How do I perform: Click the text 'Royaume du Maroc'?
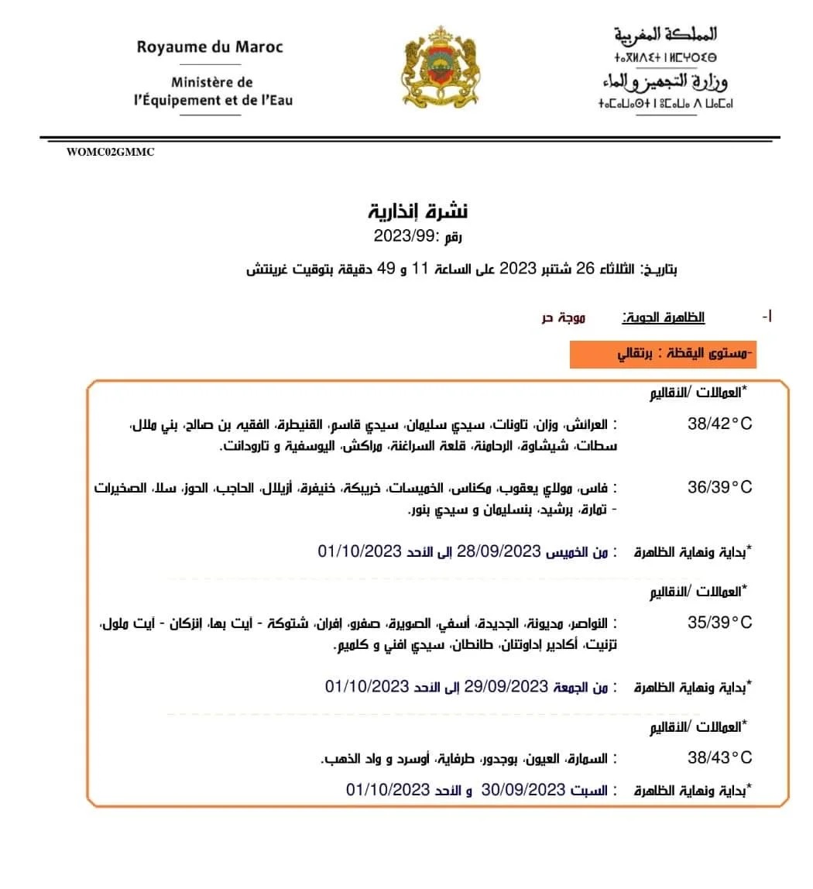(210, 46)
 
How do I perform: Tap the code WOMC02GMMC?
(111, 153)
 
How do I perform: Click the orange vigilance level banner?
(662, 355)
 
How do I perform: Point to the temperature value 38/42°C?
(719, 424)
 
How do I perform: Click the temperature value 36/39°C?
(719, 487)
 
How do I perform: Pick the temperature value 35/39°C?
(719, 623)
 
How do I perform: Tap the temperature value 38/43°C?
(719, 757)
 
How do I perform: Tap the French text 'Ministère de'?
(212, 81)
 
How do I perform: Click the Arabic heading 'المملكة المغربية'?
(666, 35)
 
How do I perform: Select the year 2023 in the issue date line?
(512, 269)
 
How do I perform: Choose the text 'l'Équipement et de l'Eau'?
(212, 100)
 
